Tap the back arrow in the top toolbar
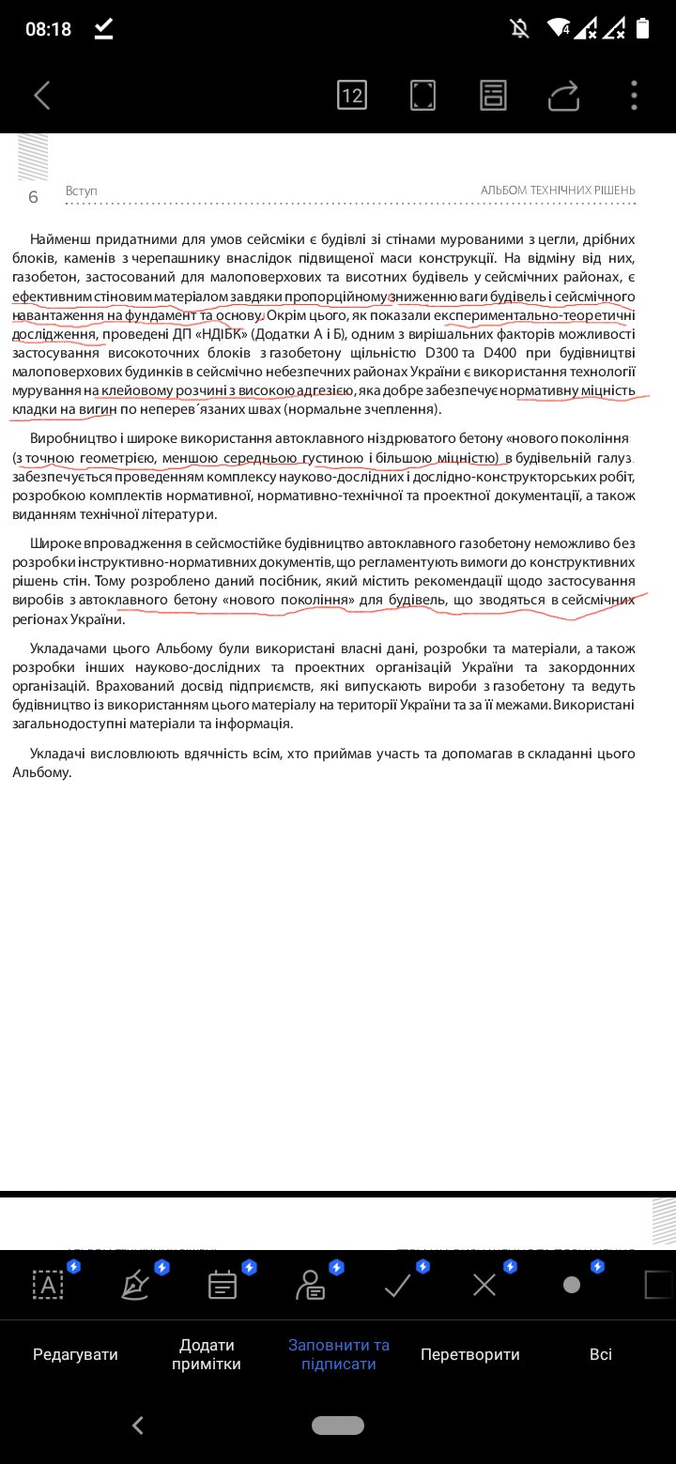41,95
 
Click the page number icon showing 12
352,95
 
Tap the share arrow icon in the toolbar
563,95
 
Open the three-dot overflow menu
635,95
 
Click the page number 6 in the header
34,197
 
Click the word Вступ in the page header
82,191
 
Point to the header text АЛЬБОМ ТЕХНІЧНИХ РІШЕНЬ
558,191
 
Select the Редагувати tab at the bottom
75,1354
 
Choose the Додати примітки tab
207,1354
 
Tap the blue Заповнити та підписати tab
338,1354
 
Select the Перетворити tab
469,1354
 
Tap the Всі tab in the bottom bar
601,1354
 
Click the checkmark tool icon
398,1285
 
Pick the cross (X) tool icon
484,1285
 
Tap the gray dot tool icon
571,1285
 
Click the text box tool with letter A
48,1285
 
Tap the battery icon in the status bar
642,28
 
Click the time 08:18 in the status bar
49,29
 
